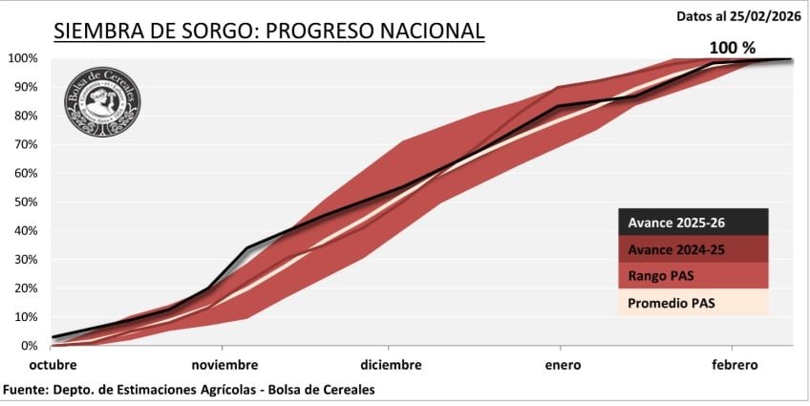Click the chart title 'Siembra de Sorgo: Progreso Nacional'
pyautogui.click(x=269, y=32)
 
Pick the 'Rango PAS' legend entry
pyautogui.click(x=669, y=276)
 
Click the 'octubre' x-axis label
pyautogui.click(x=53, y=366)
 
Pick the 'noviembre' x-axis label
pyautogui.click(x=224, y=366)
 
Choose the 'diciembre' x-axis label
pyautogui.click(x=391, y=366)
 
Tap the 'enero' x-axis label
pyautogui.click(x=559, y=366)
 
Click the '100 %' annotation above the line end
pyautogui.click(x=733, y=47)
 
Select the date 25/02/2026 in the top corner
pyautogui.click(x=764, y=16)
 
